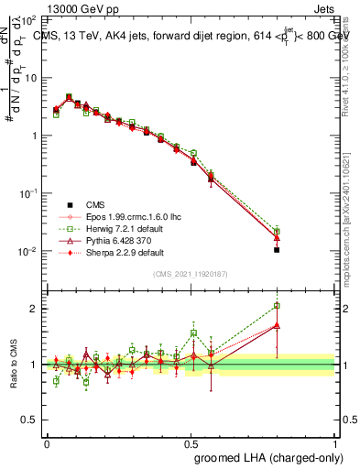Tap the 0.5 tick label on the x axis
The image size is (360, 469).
coord(191,442)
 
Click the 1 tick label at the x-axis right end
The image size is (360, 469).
coord(335,442)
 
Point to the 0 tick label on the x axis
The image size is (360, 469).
coord(47,442)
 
